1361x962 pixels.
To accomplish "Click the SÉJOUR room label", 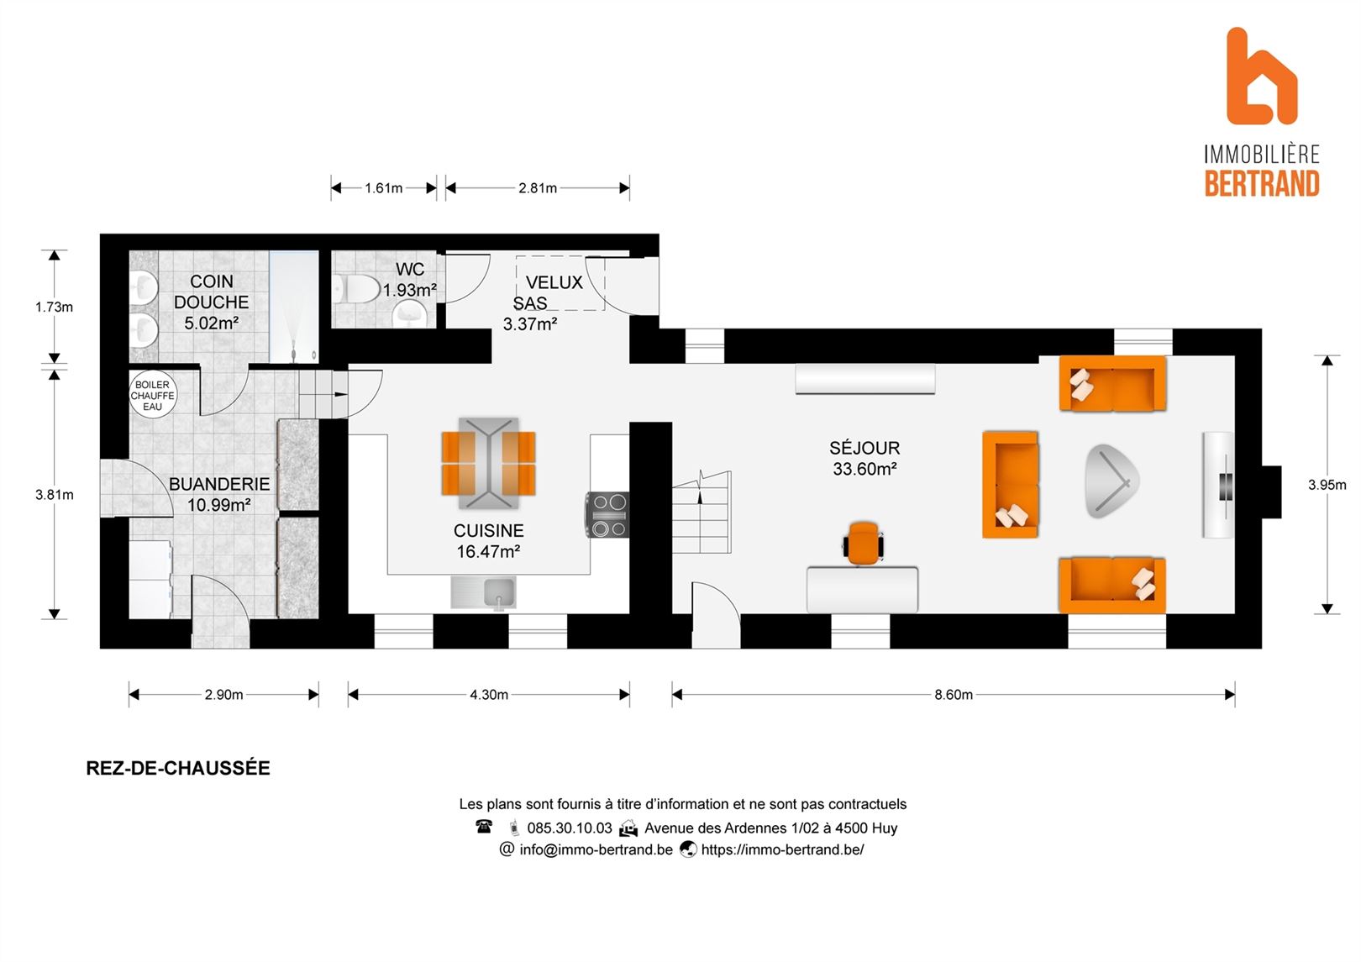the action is tap(864, 449).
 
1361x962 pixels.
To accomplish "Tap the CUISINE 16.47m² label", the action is tap(488, 541).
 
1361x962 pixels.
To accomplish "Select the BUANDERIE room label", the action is tap(219, 484).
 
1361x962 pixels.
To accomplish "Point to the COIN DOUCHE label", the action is tap(212, 292).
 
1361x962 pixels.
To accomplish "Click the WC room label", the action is tap(410, 269).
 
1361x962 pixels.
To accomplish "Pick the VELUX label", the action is tap(554, 282).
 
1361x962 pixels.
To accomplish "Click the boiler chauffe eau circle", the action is tap(153, 396).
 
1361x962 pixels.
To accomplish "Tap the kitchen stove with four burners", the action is tap(607, 515).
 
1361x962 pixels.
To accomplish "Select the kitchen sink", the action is tap(484, 592).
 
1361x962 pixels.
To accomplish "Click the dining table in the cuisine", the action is tap(488, 463).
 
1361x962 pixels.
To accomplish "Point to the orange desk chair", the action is tap(863, 543).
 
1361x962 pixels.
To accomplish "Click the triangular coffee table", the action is tap(1111, 481).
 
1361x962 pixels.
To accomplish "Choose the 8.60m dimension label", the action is tap(954, 695).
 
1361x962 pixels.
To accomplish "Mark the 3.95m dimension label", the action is tap(1327, 485).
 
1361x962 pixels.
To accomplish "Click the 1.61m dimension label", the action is tap(383, 188).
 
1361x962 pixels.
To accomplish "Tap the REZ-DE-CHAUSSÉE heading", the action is tap(178, 768).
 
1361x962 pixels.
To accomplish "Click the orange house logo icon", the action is tap(1261, 76).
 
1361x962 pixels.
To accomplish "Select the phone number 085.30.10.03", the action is tap(570, 828).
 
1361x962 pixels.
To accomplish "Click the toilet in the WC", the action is tap(357, 289).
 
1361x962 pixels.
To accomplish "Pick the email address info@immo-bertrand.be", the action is tap(596, 849).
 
